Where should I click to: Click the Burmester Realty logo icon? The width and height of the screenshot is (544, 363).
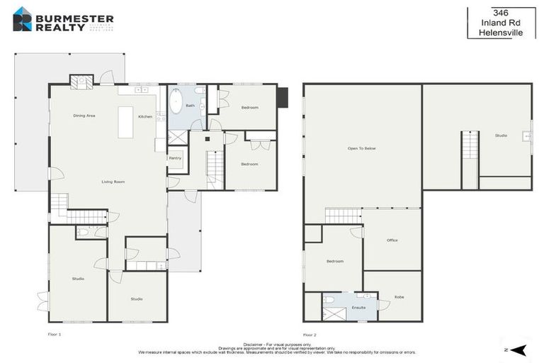point(22,18)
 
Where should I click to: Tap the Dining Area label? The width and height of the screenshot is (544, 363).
point(84,115)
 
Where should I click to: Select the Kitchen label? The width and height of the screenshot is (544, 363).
point(145,116)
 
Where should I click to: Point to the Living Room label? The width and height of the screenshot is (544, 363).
point(113,182)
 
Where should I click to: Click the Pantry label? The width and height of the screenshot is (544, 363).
point(175,158)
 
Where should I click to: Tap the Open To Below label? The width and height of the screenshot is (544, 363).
point(361,149)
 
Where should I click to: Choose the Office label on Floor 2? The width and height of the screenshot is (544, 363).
point(392,240)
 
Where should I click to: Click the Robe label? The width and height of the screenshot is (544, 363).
point(399,297)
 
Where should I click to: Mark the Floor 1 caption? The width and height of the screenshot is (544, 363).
point(55,334)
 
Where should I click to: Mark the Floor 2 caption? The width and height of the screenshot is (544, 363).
point(310,334)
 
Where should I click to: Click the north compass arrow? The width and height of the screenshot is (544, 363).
point(519,350)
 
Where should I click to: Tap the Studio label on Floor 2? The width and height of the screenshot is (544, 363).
point(501,135)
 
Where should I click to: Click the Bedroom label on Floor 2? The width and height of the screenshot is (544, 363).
point(335,262)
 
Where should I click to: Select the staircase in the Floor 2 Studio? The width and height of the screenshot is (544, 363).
point(470,160)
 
